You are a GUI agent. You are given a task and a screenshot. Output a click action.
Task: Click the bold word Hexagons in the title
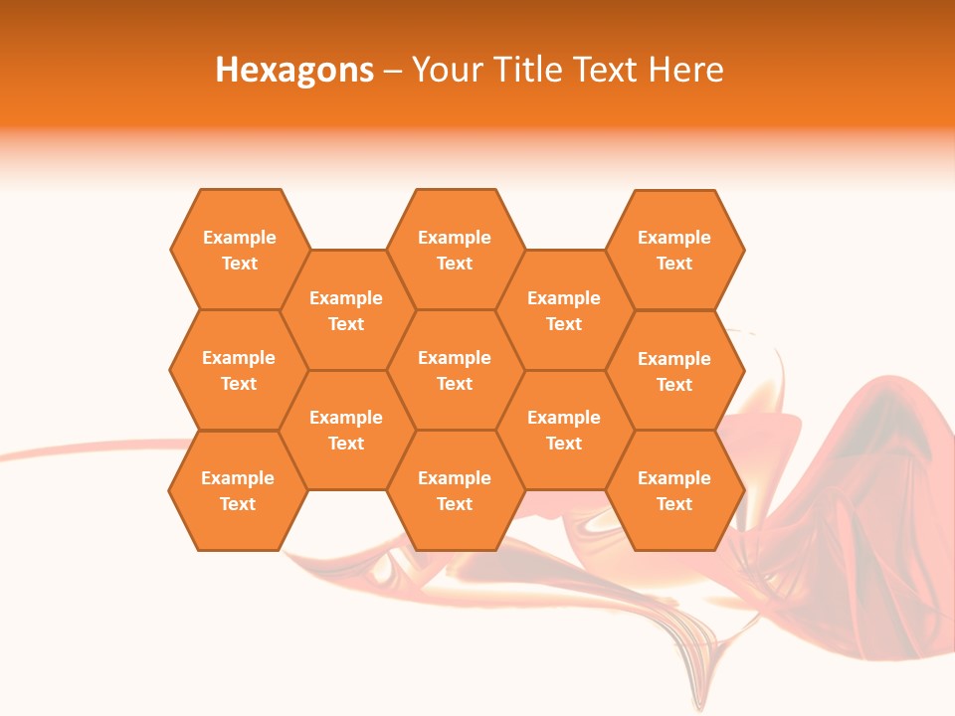[294, 70]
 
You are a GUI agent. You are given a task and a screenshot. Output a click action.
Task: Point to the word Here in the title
[685, 70]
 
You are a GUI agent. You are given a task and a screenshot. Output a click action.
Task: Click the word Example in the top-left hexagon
[240, 238]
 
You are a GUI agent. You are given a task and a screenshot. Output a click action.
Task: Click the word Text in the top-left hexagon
[240, 264]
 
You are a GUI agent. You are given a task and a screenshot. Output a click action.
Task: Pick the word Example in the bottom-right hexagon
[674, 478]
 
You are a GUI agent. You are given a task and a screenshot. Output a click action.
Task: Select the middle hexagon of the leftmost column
[239, 370]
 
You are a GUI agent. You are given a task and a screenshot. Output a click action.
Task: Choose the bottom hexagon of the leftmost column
[238, 490]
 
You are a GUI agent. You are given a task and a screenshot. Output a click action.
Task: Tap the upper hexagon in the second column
[346, 310]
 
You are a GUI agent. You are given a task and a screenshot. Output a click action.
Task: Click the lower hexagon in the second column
[346, 430]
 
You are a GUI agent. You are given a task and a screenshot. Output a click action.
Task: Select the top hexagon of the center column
[455, 250]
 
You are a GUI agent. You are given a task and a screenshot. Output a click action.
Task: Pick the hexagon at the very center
[455, 370]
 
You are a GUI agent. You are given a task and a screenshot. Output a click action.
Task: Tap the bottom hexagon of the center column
[455, 490]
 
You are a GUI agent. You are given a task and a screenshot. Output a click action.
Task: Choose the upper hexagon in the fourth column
[564, 310]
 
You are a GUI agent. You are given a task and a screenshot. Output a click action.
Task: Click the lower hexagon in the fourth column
[564, 430]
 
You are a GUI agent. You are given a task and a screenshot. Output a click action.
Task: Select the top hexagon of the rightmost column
[674, 250]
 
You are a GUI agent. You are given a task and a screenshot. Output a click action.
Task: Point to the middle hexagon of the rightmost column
[674, 371]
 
